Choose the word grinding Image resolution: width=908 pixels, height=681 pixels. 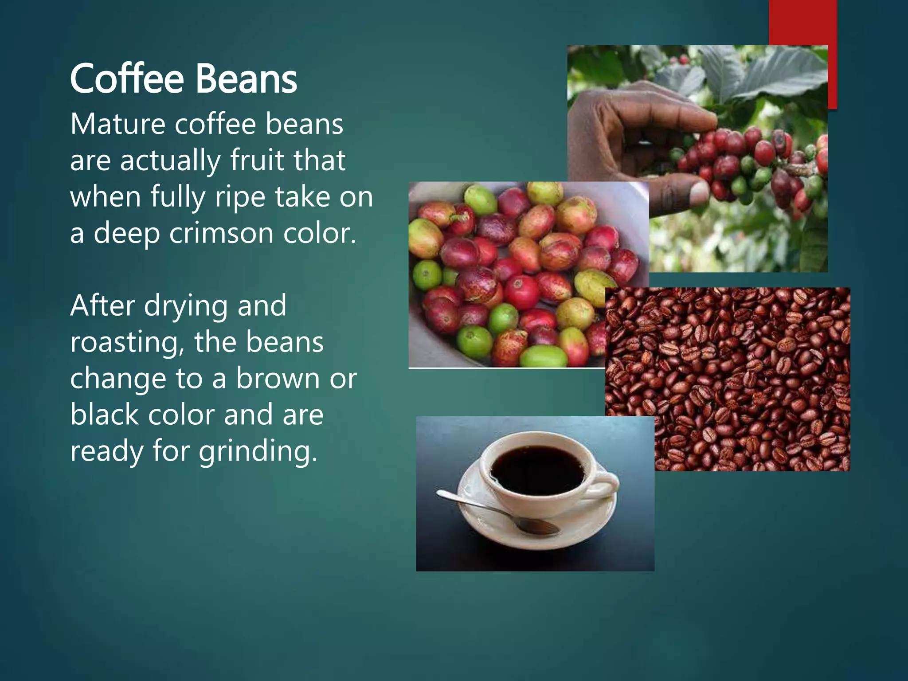pyautogui.click(x=258, y=452)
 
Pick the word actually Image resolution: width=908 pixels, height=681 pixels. pyautogui.click(x=170, y=160)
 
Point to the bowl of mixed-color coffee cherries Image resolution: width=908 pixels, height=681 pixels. pyautogui.click(x=505, y=275)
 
